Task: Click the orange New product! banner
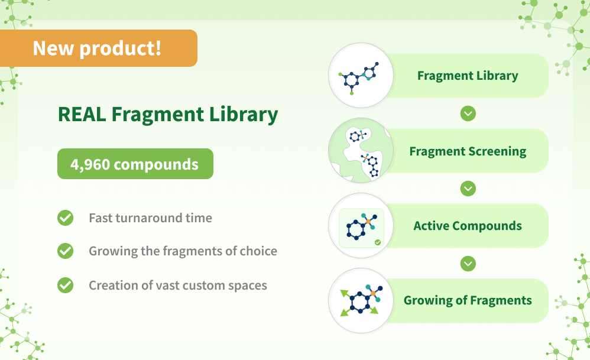(x=98, y=48)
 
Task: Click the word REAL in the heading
(x=82, y=114)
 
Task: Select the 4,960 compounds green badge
(x=135, y=164)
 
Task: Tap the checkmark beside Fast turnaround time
(x=65, y=218)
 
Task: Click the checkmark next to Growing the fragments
(x=65, y=251)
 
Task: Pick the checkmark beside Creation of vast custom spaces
(x=65, y=286)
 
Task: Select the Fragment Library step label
(x=467, y=76)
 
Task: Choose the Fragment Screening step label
(x=467, y=151)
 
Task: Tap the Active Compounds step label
(x=467, y=226)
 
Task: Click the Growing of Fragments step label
(x=467, y=300)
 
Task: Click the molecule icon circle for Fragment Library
(x=361, y=76)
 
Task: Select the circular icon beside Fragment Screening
(x=361, y=151)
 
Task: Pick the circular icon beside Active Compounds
(x=361, y=226)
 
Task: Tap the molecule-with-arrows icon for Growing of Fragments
(x=361, y=301)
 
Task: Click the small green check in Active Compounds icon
(x=378, y=242)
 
